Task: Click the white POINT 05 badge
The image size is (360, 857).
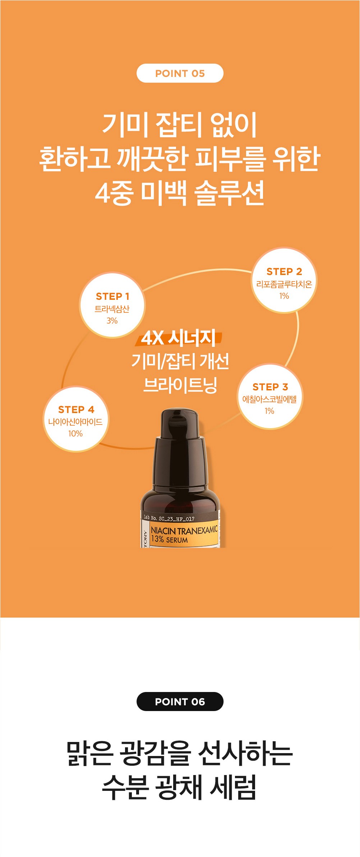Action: pos(180,73)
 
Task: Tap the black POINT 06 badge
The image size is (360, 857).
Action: pos(180,701)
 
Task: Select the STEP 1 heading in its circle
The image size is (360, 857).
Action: pos(112,296)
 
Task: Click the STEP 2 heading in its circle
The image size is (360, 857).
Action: pos(284,271)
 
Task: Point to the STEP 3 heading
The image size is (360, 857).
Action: pos(270,387)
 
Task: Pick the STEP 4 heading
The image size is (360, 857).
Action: pos(76,409)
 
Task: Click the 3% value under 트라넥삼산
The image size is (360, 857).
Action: pos(112,321)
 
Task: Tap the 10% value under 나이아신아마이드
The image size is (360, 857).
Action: pos(75,434)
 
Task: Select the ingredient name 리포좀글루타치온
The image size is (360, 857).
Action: pos(284,284)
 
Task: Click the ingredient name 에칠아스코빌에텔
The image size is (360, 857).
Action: pos(269,399)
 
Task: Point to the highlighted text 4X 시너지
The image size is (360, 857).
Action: pos(179,338)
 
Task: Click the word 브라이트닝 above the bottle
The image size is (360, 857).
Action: pos(180,385)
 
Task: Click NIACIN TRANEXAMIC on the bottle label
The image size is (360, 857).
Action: pos(184,530)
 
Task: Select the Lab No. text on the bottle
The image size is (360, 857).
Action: pos(169,518)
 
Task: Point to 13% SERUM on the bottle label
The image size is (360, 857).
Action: pos(169,539)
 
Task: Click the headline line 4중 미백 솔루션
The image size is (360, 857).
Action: pos(180,193)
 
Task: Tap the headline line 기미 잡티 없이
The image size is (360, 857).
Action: pos(180,124)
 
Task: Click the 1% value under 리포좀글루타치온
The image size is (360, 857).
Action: pos(284,296)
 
